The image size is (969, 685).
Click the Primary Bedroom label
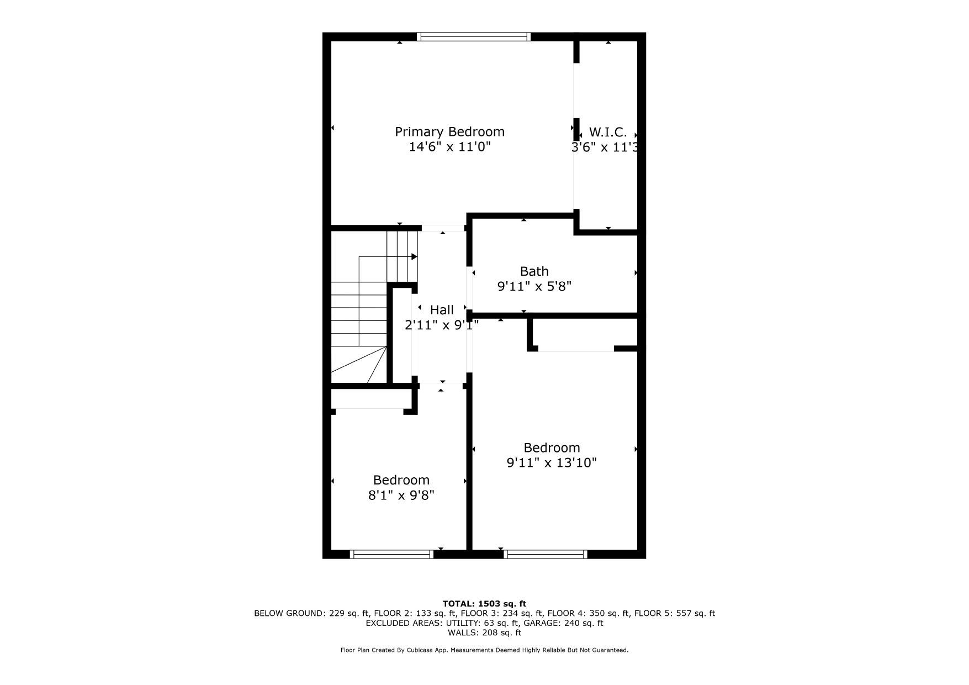click(449, 132)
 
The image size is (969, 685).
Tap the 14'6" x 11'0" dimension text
click(449, 147)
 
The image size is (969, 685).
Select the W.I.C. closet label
click(608, 133)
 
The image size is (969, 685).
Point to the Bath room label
click(534, 271)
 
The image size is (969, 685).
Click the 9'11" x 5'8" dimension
click(534, 286)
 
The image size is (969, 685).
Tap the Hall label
click(442, 310)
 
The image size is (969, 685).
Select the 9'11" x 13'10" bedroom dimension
click(552, 462)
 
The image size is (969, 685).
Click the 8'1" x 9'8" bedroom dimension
click(401, 495)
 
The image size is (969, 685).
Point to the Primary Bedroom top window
click(473, 37)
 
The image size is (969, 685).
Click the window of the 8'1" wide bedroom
click(391, 554)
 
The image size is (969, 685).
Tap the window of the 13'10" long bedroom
click(545, 554)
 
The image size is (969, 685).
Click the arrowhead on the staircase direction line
click(414, 257)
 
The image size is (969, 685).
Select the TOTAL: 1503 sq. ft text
click(484, 604)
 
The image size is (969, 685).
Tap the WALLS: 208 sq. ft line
click(484, 633)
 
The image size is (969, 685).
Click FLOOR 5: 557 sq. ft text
click(674, 613)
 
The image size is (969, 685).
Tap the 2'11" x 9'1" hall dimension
click(442, 325)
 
